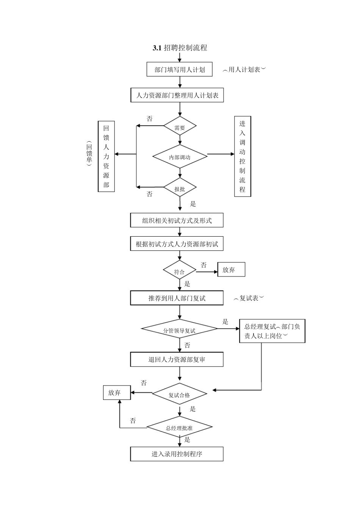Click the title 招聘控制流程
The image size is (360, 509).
point(180,48)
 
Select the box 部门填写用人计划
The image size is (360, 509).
point(179,69)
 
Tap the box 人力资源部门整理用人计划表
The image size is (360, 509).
point(177,95)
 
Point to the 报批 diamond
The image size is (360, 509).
point(180,188)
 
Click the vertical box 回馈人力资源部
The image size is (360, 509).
point(106,156)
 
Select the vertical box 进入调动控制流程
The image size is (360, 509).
point(243,156)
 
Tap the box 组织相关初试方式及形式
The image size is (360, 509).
point(177,220)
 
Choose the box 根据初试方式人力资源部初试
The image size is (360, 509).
point(177,244)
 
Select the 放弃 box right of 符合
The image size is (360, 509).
point(231,270)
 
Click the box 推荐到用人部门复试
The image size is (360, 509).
point(177,298)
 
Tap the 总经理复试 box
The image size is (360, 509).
point(272,331)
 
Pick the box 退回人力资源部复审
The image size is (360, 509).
point(177,359)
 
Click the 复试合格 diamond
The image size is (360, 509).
point(180,394)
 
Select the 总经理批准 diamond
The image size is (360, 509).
point(180,428)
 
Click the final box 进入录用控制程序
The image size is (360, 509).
point(177,454)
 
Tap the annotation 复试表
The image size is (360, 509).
point(249,298)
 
